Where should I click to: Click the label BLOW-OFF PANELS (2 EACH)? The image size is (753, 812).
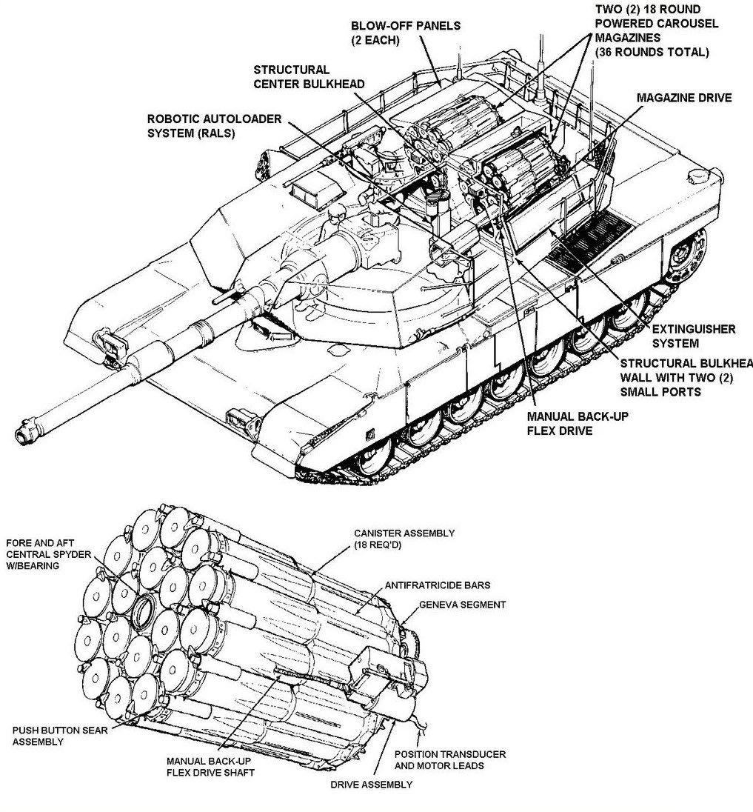(x=405, y=33)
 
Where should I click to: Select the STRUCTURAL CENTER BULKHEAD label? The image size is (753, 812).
(x=309, y=76)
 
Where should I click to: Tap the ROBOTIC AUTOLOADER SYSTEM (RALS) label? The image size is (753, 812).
(x=214, y=126)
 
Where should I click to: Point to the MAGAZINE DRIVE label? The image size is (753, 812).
(x=683, y=98)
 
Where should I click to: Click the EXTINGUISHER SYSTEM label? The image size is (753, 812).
(x=694, y=336)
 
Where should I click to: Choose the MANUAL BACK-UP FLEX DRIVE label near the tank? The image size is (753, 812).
(x=578, y=423)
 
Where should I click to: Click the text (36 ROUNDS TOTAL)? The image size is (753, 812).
(x=652, y=52)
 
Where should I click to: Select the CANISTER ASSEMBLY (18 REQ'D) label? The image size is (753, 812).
(x=404, y=539)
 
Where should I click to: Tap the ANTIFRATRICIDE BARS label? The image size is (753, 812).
(x=438, y=585)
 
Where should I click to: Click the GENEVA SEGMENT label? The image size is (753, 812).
(x=462, y=605)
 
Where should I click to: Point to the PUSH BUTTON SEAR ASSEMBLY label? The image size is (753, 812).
(x=60, y=736)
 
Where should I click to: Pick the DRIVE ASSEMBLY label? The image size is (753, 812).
(x=372, y=785)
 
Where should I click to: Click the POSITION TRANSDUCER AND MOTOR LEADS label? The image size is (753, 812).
(x=449, y=759)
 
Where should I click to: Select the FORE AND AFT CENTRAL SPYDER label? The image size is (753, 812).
(x=48, y=554)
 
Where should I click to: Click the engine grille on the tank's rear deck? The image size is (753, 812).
(x=590, y=239)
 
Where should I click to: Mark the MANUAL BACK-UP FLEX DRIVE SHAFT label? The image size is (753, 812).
(x=210, y=767)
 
